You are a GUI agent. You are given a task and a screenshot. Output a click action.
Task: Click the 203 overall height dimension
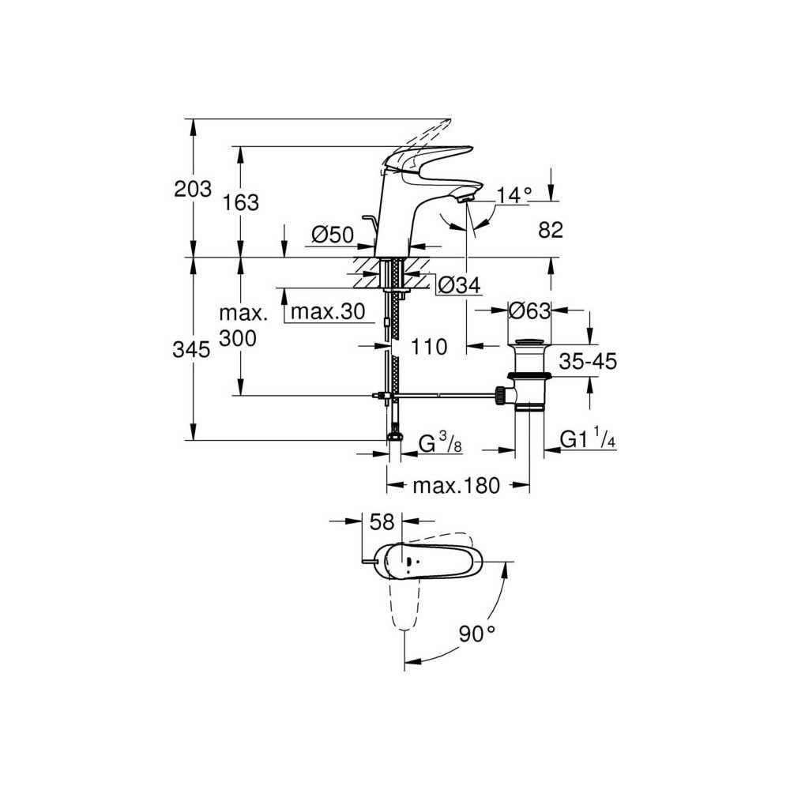[193, 190]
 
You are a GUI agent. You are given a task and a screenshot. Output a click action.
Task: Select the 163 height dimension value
[241, 202]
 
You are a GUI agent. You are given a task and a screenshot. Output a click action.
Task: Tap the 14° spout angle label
[514, 194]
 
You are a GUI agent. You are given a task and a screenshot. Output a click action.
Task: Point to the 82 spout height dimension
[550, 230]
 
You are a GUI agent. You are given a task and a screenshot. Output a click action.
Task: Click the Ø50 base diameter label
[333, 235]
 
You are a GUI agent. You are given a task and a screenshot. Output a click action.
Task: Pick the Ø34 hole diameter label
[459, 285]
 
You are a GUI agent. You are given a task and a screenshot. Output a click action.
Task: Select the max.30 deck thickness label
[328, 311]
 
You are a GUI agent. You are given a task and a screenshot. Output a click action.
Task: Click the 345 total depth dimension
[191, 349]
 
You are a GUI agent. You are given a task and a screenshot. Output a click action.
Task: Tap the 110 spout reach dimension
[429, 347]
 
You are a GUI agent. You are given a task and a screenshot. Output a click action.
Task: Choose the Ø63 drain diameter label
[529, 310]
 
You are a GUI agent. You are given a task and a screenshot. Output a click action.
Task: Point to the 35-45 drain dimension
[588, 361]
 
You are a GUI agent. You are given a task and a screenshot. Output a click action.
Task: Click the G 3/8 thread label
[440, 442]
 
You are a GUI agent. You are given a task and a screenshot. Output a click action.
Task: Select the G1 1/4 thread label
[588, 438]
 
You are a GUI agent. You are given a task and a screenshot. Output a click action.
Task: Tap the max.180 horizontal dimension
[457, 485]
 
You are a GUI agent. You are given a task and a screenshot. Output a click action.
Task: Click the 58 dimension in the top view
[382, 522]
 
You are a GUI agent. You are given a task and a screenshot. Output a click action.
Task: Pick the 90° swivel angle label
[476, 634]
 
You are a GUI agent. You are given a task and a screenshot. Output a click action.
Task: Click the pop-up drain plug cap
[529, 344]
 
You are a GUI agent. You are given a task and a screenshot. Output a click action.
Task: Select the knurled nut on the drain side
[500, 396]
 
